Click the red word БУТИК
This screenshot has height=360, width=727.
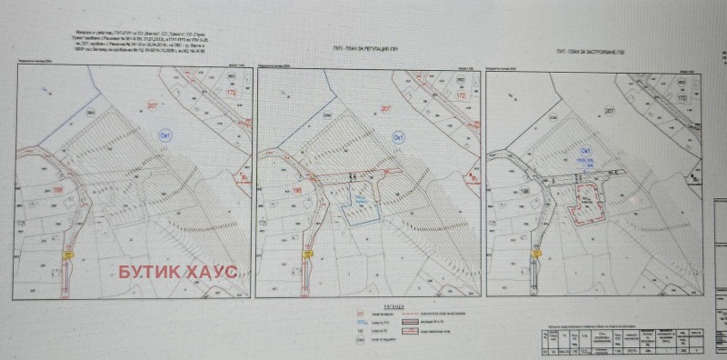(x=152, y=271)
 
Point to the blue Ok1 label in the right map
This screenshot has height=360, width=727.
(x=586, y=149)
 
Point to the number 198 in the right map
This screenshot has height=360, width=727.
(x=499, y=191)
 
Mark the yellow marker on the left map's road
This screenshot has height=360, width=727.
(x=66, y=257)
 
